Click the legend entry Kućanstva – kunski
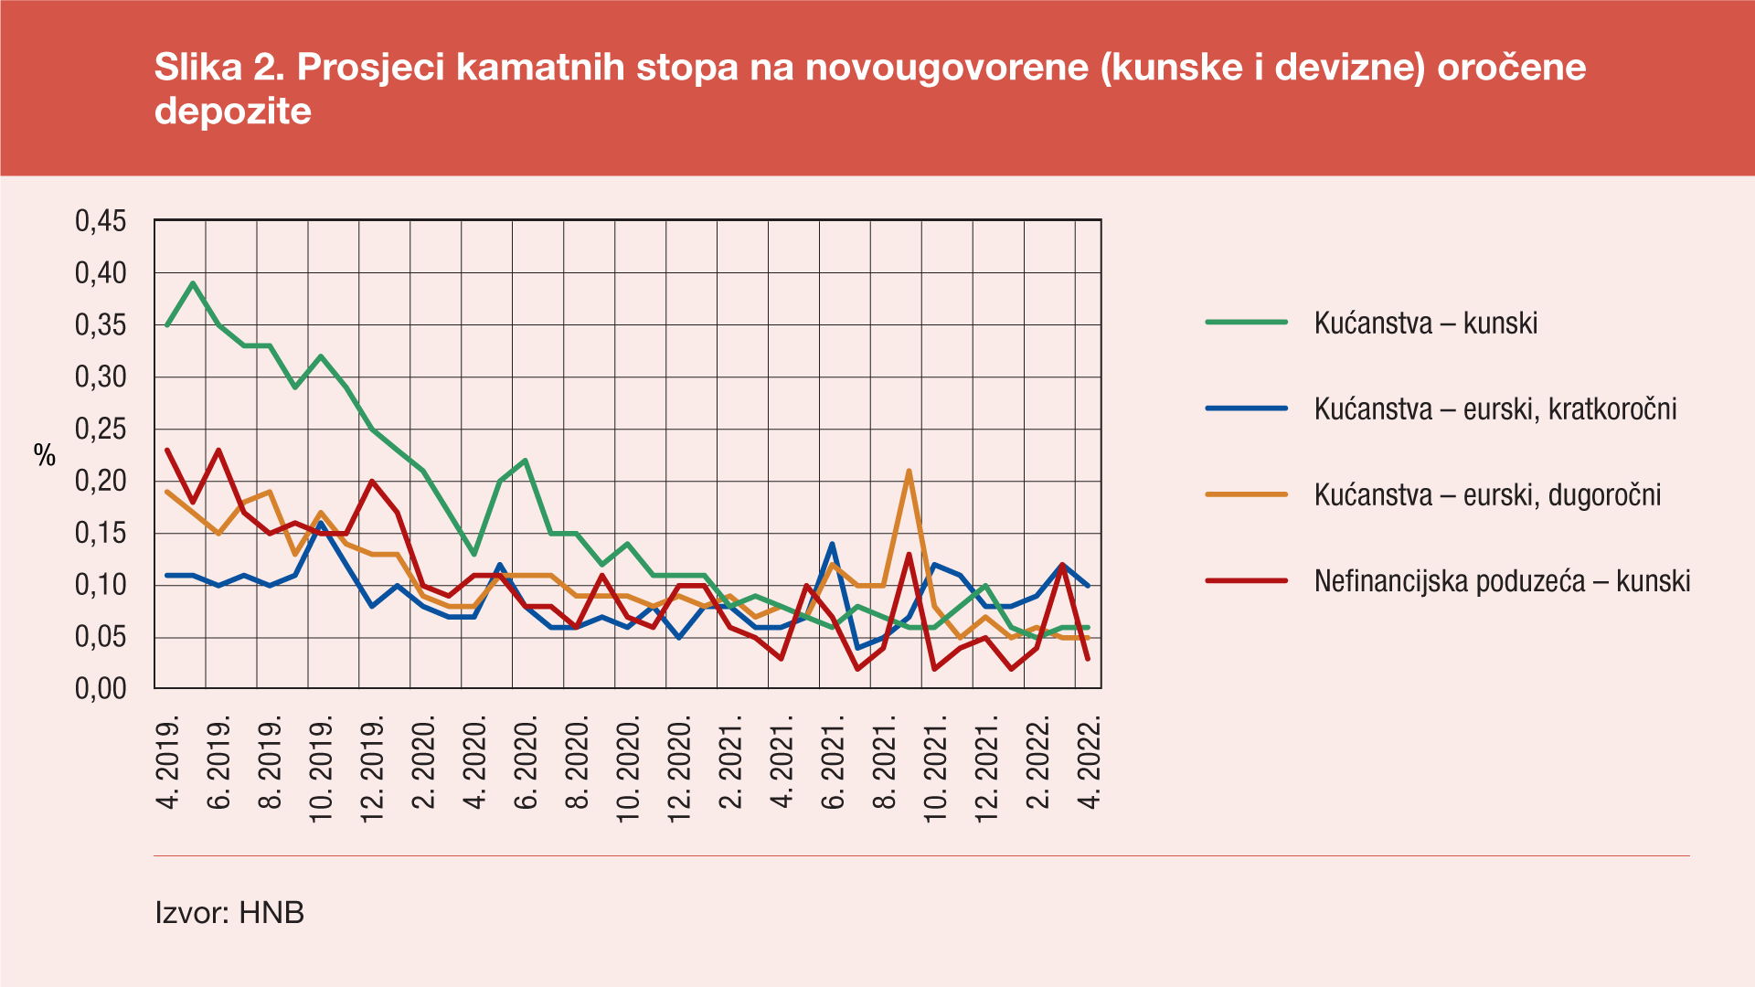(x=1425, y=324)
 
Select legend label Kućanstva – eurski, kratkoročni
(x=1494, y=409)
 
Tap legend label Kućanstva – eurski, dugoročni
(x=1487, y=495)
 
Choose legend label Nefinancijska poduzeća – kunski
(x=1502, y=581)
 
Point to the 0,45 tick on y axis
(x=101, y=221)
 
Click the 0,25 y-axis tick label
(x=101, y=430)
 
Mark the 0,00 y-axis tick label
(x=101, y=689)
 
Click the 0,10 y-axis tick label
(x=101, y=585)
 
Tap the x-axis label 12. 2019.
(x=372, y=769)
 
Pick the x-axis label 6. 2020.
(x=526, y=764)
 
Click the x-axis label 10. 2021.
(x=935, y=769)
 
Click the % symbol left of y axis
(x=45, y=455)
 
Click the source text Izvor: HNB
(x=229, y=913)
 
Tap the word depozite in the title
(x=233, y=111)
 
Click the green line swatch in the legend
(x=1246, y=323)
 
